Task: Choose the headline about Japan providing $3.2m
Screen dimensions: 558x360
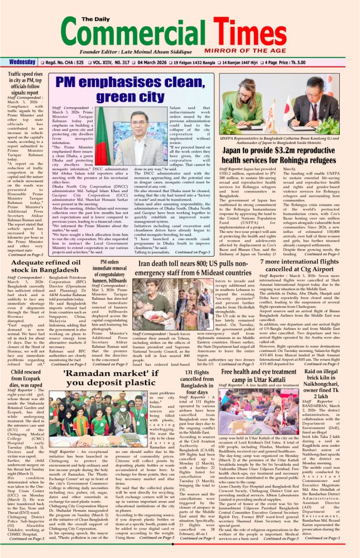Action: pos(287,156)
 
